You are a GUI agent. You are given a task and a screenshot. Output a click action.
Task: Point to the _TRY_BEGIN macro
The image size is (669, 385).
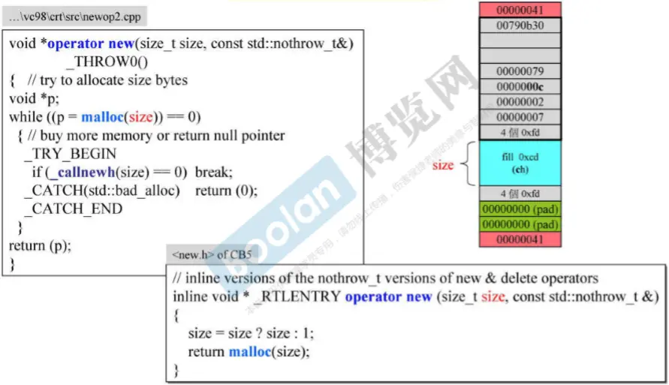[x=70, y=154]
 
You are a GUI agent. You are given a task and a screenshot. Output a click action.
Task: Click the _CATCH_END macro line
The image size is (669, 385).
[x=72, y=209]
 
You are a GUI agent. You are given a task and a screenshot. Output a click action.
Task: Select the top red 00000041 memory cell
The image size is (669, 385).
[x=520, y=10]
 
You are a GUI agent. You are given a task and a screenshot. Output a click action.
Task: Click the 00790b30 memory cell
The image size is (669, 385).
[x=520, y=26]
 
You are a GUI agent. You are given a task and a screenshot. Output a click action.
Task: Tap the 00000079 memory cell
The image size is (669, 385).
[x=520, y=71]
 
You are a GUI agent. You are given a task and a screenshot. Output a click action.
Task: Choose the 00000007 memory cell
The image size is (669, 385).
[x=520, y=117]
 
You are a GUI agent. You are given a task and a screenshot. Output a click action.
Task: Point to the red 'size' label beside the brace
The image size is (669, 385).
[x=442, y=165]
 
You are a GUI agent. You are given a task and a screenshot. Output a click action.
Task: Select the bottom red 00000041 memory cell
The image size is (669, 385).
[x=520, y=239]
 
